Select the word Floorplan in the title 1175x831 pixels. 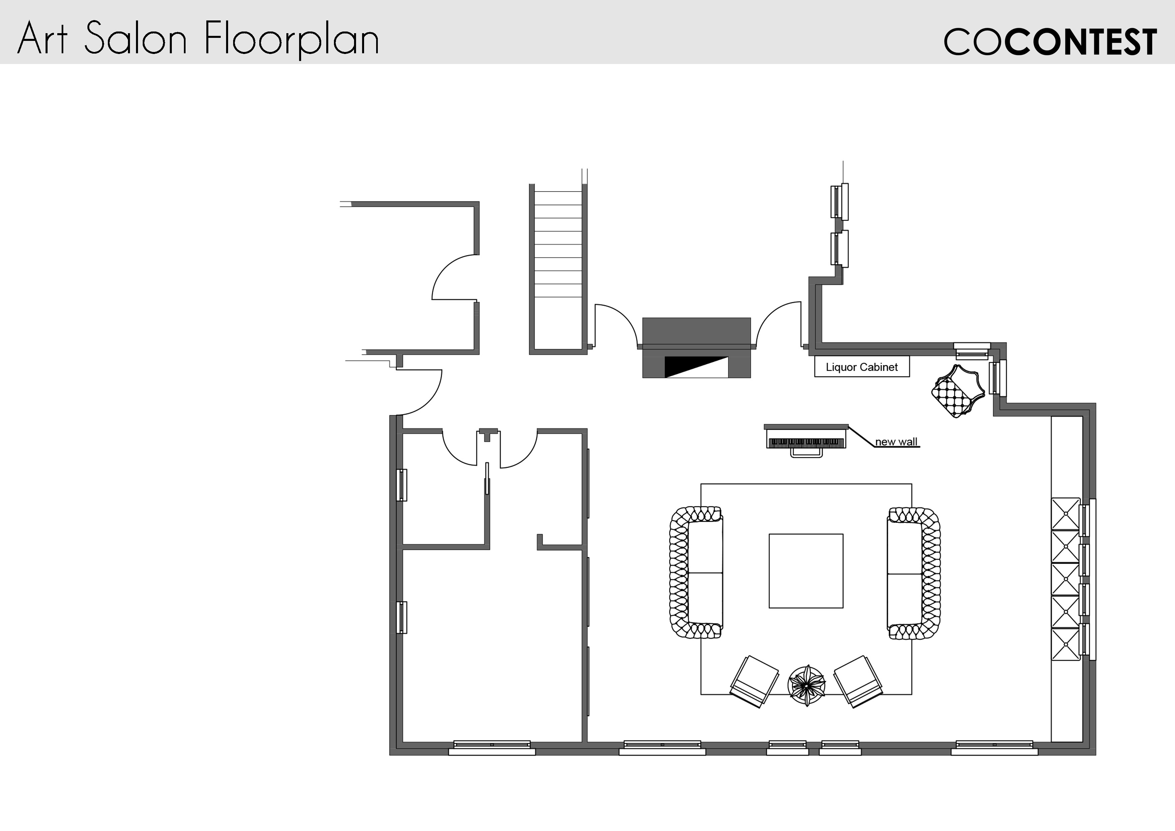click(x=291, y=39)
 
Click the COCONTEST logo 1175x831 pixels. click(x=1050, y=42)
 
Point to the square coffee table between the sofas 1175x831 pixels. click(x=806, y=571)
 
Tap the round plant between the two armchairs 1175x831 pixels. click(x=807, y=686)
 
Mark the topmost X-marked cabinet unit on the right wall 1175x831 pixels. click(x=1065, y=514)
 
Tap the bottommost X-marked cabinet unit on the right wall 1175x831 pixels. click(x=1065, y=645)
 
